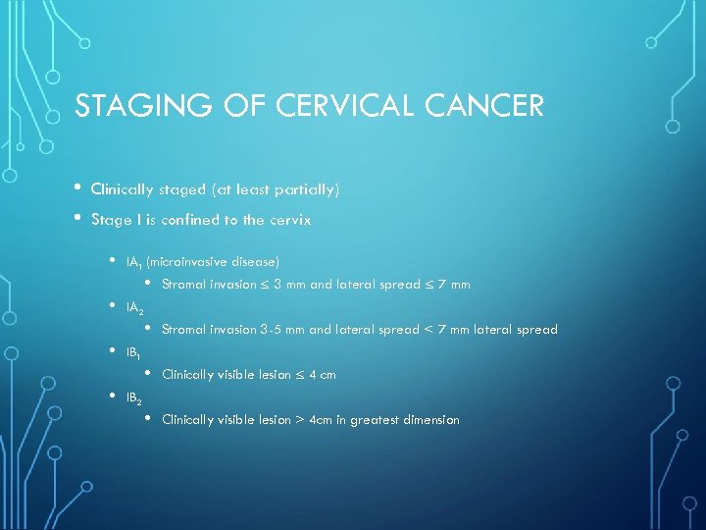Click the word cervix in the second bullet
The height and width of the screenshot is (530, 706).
pos(292,220)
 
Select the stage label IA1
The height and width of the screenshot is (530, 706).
pos(133,262)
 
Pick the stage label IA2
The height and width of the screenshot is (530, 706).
pos(134,308)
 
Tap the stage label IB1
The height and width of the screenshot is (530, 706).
pos(133,352)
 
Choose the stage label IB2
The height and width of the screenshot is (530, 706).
pos(134,398)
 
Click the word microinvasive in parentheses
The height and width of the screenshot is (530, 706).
pos(185,261)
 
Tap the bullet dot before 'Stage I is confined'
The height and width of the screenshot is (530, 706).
pos(77,219)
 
